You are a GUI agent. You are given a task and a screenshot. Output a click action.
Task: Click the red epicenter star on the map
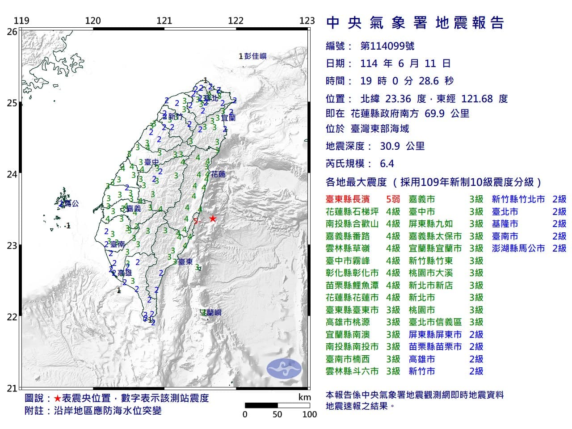[x=213, y=219]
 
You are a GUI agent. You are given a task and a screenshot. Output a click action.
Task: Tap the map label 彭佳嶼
[x=255, y=56]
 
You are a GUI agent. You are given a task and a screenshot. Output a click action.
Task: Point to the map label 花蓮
[x=218, y=174]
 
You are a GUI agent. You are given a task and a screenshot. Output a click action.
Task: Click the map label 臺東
[x=185, y=262]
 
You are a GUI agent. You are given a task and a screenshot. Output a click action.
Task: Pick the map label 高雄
[x=124, y=273]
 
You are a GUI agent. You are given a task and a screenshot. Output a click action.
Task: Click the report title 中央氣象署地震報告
[x=415, y=23]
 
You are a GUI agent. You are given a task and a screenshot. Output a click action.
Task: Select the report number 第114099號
[x=387, y=46]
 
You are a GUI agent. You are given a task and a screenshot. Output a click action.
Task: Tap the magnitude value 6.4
[x=387, y=164]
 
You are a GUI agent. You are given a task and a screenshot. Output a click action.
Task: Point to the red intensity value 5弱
[x=393, y=199]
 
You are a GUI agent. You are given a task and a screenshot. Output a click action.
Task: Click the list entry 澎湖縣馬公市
[x=518, y=248]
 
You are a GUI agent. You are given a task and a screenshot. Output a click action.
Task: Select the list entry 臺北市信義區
[x=435, y=322]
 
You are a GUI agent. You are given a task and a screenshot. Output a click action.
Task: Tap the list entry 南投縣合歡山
[x=352, y=224]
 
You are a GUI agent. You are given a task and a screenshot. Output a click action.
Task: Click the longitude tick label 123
[x=307, y=21]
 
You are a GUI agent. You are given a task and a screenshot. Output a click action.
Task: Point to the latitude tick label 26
[x=13, y=32]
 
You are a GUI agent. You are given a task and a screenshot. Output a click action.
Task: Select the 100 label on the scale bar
[x=309, y=414]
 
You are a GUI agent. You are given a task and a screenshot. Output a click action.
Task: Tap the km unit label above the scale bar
[x=304, y=397]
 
